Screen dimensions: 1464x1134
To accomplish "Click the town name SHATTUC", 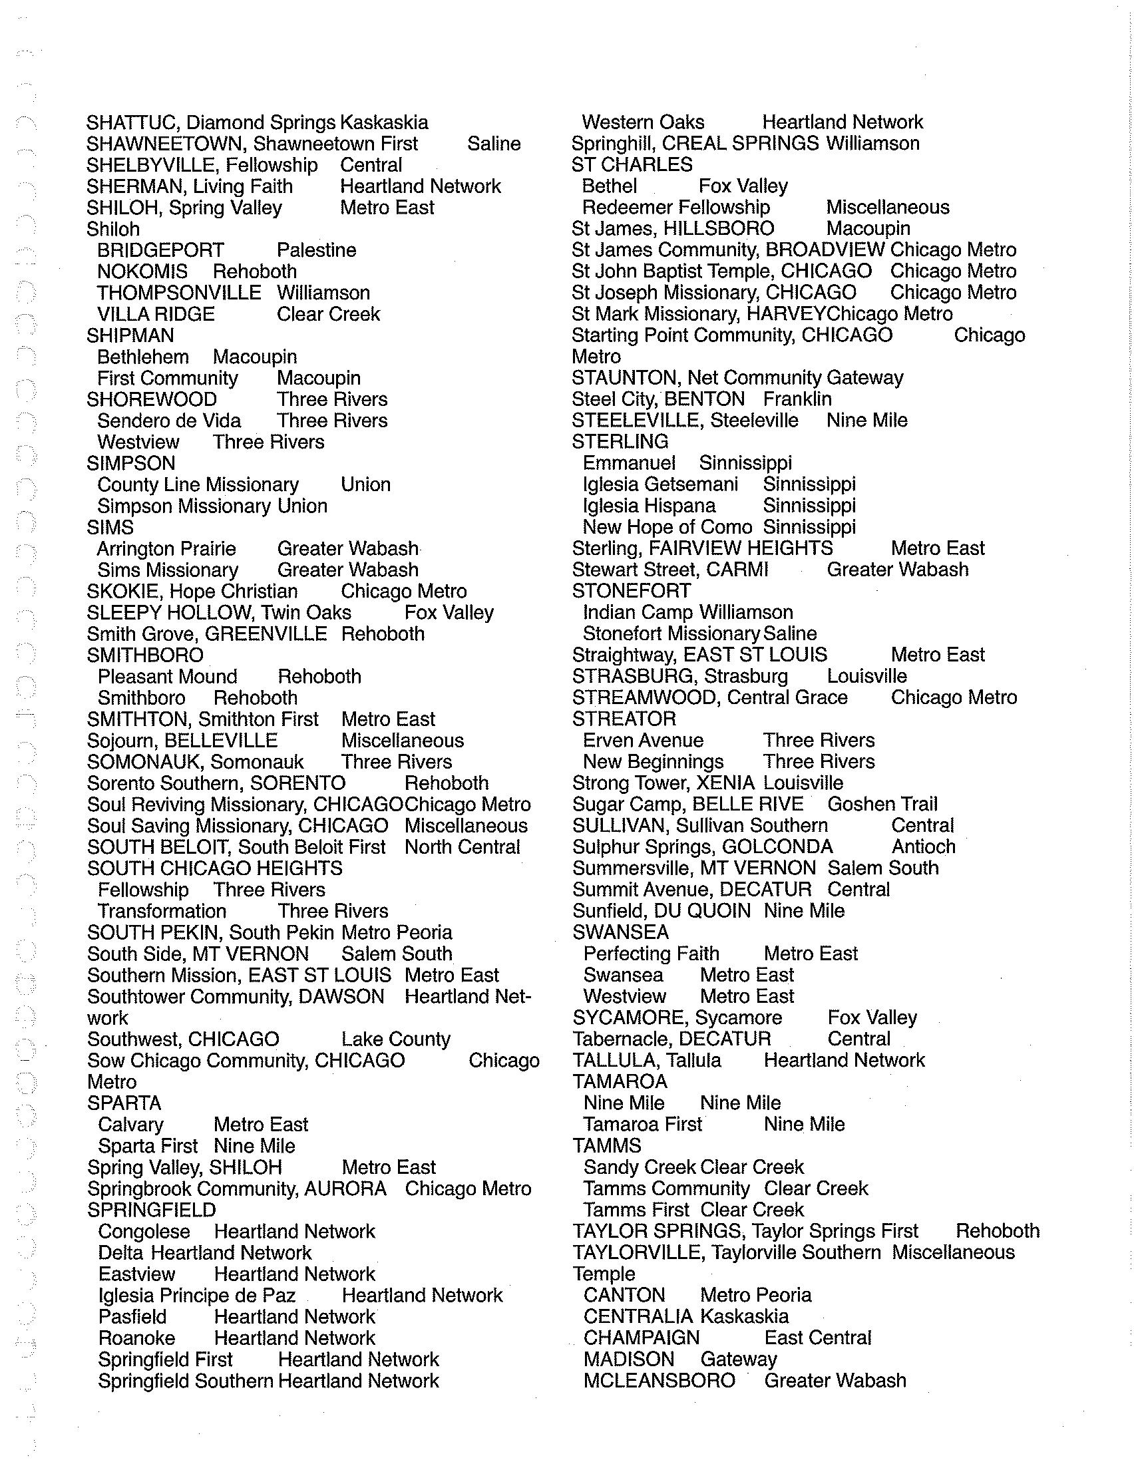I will coord(132,122).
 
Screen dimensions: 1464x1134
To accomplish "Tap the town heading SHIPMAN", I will coord(130,336).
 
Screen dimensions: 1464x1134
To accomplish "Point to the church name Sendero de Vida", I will coord(169,421).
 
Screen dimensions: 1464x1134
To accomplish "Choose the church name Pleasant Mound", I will coord(168,677).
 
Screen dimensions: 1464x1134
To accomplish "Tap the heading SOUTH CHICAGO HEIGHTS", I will coord(214,868).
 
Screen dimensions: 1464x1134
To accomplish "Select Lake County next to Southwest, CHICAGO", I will coord(395,1039).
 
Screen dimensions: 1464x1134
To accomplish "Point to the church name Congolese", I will coord(144,1231).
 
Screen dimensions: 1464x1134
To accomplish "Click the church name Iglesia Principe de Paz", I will coord(196,1296).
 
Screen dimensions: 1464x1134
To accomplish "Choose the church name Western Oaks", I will coord(643,122).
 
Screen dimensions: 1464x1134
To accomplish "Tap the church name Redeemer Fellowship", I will coord(675,208).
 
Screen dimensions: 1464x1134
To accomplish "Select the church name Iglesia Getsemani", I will coord(660,484).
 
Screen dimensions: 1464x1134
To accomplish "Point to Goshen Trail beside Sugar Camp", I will coord(882,805).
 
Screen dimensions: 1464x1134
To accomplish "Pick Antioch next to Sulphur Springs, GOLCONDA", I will coord(923,847).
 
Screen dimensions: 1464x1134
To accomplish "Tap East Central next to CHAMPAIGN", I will coord(818,1338).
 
